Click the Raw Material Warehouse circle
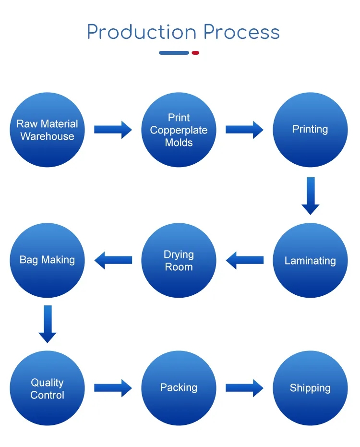47,130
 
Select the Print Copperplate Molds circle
179,130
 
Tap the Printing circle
310,130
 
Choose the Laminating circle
310,260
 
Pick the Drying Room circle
179,260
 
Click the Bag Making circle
47,260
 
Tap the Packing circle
179,388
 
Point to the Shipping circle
310,388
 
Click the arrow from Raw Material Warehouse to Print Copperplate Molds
113,129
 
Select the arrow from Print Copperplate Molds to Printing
244,129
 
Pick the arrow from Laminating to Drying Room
244,260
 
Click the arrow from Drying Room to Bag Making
113,260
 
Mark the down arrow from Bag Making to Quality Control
47,324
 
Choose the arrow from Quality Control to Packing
113,387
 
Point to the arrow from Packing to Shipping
244,387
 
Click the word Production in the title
142,33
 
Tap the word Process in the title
241,33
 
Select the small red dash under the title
195,53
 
